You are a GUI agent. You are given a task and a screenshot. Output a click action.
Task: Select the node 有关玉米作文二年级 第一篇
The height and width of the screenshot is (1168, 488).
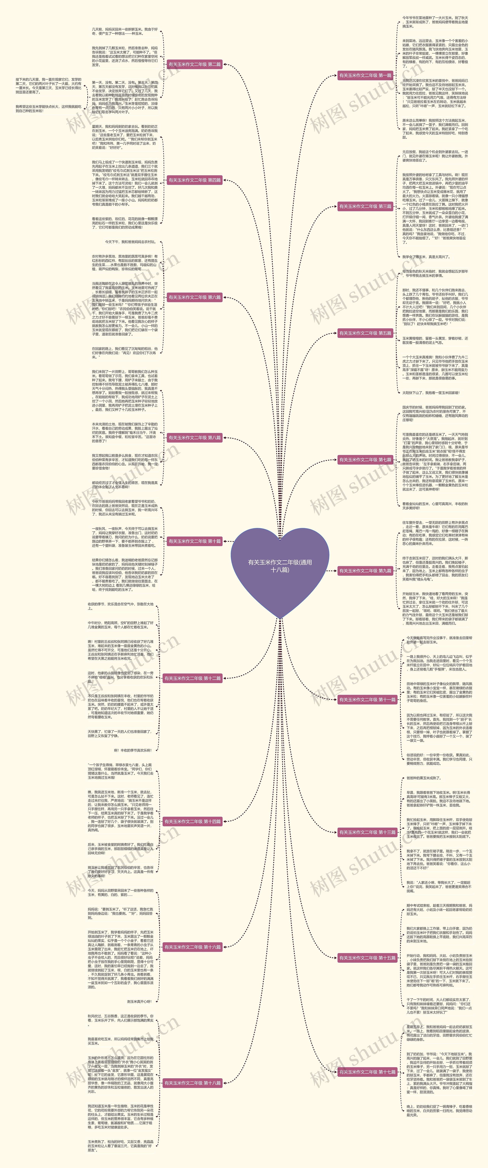tap(365, 75)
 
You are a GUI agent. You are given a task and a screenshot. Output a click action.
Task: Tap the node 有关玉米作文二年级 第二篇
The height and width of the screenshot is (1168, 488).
tap(195, 64)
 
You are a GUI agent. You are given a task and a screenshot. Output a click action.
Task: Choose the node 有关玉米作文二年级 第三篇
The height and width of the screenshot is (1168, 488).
tap(365, 206)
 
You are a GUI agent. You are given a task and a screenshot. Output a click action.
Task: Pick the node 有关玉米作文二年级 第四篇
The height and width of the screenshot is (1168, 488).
tap(195, 180)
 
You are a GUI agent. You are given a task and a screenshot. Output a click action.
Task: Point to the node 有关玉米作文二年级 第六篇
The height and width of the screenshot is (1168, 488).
tap(195, 297)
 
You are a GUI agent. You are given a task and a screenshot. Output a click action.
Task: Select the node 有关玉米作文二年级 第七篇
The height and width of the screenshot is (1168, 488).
tap(365, 459)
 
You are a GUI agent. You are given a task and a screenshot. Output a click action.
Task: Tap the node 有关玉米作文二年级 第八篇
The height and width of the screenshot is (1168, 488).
tap(195, 438)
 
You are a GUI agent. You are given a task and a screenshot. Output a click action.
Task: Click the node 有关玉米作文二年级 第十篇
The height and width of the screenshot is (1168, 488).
tap(195, 541)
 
